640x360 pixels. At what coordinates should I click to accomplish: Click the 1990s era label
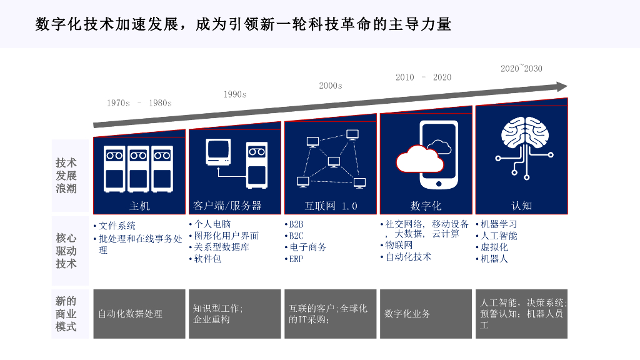[x=235, y=94]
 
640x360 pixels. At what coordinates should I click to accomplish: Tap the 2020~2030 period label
[x=521, y=69]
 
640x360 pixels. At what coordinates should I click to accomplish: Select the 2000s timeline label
[x=331, y=86]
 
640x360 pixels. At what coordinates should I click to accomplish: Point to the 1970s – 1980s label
[x=139, y=102]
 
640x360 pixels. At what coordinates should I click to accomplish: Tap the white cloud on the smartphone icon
[x=420, y=160]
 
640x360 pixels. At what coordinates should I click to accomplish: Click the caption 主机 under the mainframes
[x=139, y=206]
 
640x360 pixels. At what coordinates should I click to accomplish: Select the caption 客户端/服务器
[x=227, y=206]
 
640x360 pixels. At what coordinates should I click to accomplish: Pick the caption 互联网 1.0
[x=331, y=206]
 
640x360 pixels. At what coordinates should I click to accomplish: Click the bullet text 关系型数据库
[x=221, y=247]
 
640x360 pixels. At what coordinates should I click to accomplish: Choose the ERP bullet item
[x=295, y=259]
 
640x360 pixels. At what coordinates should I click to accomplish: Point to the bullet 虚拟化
[x=494, y=247]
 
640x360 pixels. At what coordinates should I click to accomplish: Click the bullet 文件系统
[x=117, y=226]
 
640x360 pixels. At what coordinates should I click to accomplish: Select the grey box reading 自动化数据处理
[x=139, y=314]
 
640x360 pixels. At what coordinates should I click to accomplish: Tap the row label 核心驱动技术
[x=66, y=251]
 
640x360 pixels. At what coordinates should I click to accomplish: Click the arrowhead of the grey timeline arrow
[x=562, y=87]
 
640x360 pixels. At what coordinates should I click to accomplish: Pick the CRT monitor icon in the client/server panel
[x=218, y=152]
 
